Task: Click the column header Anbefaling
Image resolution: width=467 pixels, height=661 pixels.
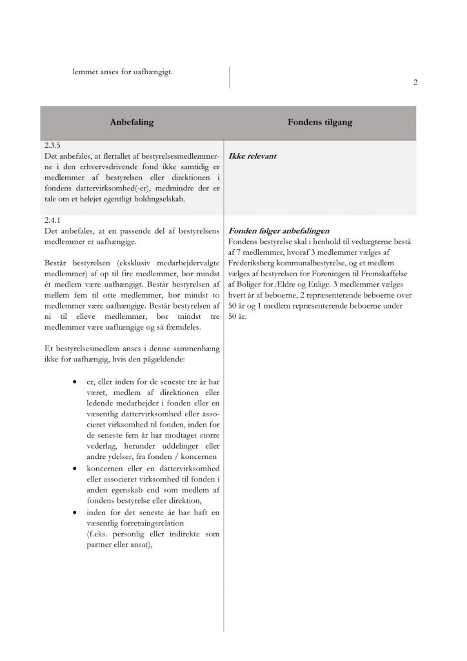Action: click(132, 123)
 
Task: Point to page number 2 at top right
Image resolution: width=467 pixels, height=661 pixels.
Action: click(415, 83)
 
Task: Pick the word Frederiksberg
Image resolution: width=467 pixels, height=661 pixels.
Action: click(253, 263)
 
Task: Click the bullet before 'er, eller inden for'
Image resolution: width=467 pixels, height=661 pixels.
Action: click(77, 383)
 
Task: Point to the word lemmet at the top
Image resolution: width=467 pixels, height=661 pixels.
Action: click(85, 71)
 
